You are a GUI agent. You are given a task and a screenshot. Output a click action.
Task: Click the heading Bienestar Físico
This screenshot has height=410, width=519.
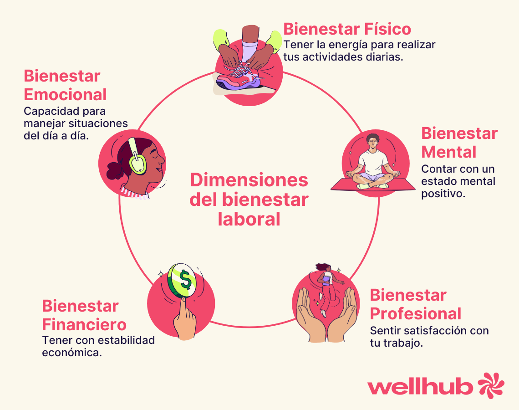(347, 29)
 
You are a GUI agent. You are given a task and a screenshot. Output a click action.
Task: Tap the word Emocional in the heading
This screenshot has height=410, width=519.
(65, 95)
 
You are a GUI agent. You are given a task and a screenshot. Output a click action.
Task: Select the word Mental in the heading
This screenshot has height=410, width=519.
(449, 152)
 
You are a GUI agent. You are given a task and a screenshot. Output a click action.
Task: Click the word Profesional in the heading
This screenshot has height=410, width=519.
(415, 314)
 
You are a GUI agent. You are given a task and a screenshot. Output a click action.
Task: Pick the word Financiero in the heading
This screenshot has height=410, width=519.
(84, 325)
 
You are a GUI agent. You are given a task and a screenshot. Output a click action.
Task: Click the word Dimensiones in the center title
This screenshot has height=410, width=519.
(249, 180)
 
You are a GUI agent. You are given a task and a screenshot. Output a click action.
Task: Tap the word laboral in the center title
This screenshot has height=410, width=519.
(249, 219)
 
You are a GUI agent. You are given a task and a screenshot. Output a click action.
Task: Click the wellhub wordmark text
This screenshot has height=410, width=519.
(420, 387)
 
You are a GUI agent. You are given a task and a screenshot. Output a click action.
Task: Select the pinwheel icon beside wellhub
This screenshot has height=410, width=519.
(491, 386)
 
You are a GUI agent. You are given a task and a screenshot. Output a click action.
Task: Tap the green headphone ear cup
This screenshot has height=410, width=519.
(137, 164)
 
